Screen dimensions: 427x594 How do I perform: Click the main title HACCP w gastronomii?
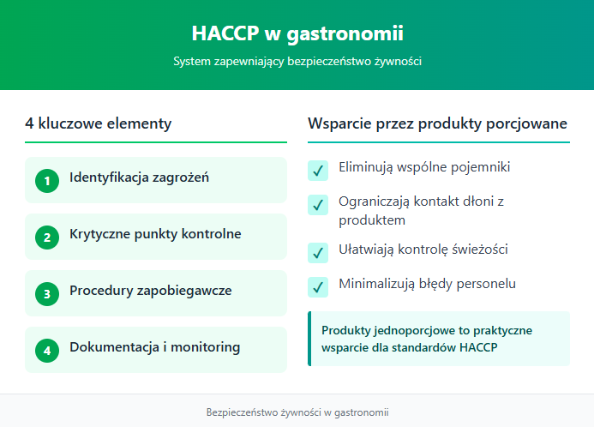tap(297, 33)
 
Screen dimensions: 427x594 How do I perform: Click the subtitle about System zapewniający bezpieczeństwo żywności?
tap(297, 62)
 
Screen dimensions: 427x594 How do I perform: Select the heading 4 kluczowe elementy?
tap(99, 123)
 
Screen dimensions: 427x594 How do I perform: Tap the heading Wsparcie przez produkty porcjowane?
tap(437, 123)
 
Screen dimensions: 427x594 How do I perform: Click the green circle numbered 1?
tap(47, 181)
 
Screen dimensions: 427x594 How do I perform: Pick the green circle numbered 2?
tap(47, 238)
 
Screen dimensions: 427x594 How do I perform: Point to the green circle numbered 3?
tap(47, 294)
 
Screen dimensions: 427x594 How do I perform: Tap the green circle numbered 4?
tap(47, 351)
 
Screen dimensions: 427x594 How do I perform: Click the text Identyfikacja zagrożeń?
tap(139, 178)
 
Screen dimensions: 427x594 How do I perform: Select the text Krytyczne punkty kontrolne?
tap(155, 234)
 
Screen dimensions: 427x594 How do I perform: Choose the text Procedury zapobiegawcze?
tap(150, 291)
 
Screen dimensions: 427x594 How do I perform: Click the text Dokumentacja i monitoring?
tap(154, 347)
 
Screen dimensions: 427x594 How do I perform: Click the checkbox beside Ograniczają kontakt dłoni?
tap(318, 205)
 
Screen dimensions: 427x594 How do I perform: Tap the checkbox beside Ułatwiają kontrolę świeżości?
tap(318, 252)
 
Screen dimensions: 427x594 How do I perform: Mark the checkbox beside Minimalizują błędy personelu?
tap(318, 286)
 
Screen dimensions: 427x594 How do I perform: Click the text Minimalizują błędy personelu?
tap(427, 283)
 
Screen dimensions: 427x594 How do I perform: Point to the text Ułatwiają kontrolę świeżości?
tap(423, 249)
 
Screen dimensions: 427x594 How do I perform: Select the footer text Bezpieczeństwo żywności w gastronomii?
tap(297, 412)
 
